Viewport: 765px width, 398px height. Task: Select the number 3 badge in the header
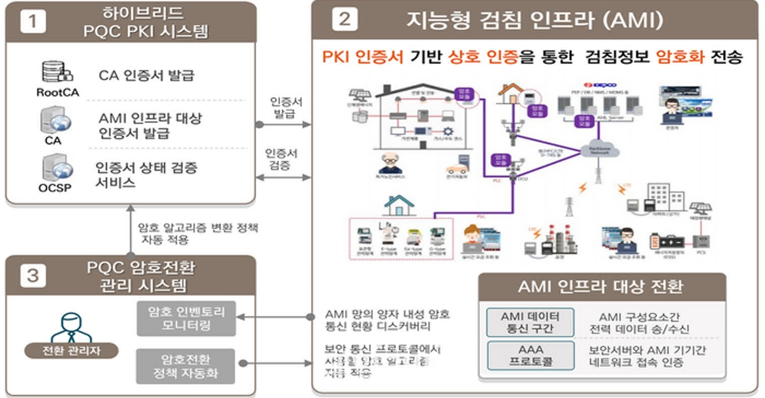33,276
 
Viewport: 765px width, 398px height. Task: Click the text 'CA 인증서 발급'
146,76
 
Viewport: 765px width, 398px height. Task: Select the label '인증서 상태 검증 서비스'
146,174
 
